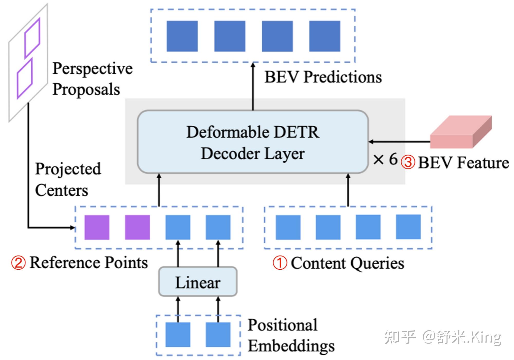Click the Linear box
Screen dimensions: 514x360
[x=198, y=282]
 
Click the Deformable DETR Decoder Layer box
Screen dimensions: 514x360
[x=253, y=142]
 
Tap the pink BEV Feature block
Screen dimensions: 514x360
[x=461, y=132]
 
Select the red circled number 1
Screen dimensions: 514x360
[x=280, y=263]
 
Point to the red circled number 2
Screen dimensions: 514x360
[x=18, y=263]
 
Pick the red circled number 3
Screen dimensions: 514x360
[x=408, y=162]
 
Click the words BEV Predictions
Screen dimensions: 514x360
[x=323, y=77]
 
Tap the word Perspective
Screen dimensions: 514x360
[x=93, y=69]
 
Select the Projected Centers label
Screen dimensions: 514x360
[x=68, y=179]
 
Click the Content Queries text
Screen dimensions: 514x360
[x=347, y=263]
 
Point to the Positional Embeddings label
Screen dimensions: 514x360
[x=291, y=335]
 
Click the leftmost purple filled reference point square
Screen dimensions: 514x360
[x=97, y=227]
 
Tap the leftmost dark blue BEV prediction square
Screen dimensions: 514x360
[x=182, y=36]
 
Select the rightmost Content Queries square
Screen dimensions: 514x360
[x=408, y=227]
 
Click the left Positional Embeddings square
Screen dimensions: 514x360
[x=178, y=335]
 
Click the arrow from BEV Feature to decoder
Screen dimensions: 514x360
[x=399, y=141]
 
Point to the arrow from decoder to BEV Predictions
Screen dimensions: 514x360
[x=253, y=86]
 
